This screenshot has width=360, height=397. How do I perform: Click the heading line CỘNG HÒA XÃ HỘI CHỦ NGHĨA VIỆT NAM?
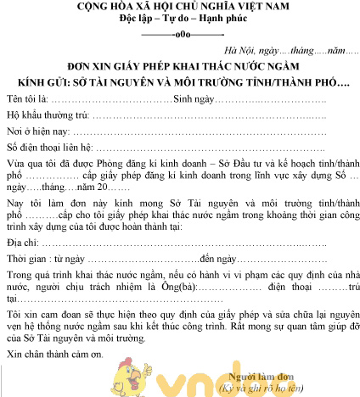(x=180, y=8)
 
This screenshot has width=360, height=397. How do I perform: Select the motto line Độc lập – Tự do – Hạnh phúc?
(x=179, y=20)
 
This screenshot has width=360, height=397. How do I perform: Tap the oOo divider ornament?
(x=179, y=36)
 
